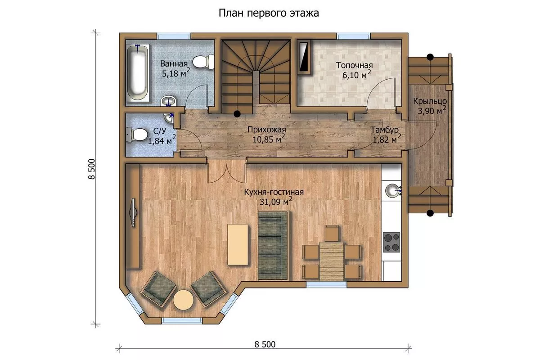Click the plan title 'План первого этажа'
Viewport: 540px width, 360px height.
pyautogui.click(x=269, y=13)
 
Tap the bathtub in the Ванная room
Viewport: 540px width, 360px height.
pyautogui.click(x=137, y=72)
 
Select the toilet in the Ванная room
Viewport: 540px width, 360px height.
pyautogui.click(x=203, y=62)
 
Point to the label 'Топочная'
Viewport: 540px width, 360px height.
pyautogui.click(x=355, y=65)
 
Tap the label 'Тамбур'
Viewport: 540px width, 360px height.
pyautogui.click(x=384, y=130)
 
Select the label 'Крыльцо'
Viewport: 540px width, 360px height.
pyautogui.click(x=430, y=101)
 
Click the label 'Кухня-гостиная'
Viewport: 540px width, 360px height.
pyautogui.click(x=274, y=192)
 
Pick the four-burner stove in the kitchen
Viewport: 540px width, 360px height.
pyautogui.click(x=391, y=242)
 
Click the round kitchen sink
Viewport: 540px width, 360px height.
pyautogui.click(x=392, y=190)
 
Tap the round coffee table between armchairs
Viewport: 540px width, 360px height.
pyautogui.click(x=183, y=300)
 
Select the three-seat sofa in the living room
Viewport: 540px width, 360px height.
pyautogui.click(x=273, y=245)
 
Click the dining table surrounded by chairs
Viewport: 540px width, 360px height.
pyautogui.click(x=332, y=261)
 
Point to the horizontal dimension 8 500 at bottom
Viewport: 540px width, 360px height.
pyautogui.click(x=265, y=344)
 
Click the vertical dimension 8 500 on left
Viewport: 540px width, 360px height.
pyautogui.click(x=92, y=169)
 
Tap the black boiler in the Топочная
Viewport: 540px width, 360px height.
pyautogui.click(x=304, y=57)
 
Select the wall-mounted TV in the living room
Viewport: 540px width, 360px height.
pyautogui.click(x=133, y=213)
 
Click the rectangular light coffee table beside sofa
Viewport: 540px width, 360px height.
pyautogui.click(x=238, y=244)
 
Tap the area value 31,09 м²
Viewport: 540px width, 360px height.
pyautogui.click(x=276, y=201)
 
